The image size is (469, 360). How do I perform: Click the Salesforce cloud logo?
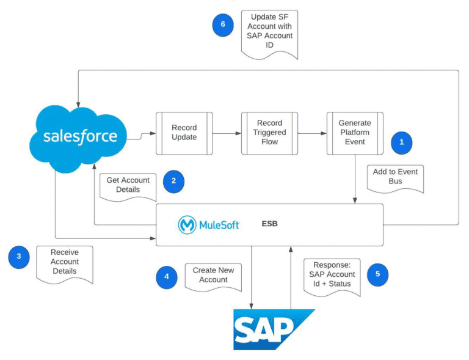coord(79,135)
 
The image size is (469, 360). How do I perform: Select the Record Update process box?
coord(184,133)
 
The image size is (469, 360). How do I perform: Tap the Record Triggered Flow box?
coord(269,133)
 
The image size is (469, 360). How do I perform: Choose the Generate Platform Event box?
coord(355,133)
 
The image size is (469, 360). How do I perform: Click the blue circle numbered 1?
coord(401,142)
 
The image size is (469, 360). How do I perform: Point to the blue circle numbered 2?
coord(173,181)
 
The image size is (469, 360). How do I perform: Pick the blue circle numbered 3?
coord(19,257)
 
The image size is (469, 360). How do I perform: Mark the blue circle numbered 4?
coord(167,277)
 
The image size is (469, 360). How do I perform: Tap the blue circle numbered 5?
coord(377,274)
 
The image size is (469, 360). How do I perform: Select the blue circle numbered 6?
coord(223,25)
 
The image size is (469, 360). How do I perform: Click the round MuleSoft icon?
coord(187,225)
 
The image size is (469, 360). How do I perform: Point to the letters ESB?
coord(270,224)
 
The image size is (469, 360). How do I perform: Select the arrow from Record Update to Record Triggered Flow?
coord(227,133)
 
